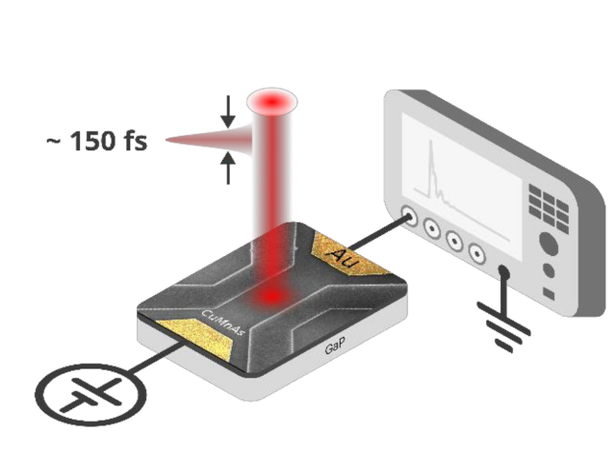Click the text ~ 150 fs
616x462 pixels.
coord(96,141)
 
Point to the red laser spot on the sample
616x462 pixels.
coord(274,290)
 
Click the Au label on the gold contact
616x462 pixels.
coord(343,254)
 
